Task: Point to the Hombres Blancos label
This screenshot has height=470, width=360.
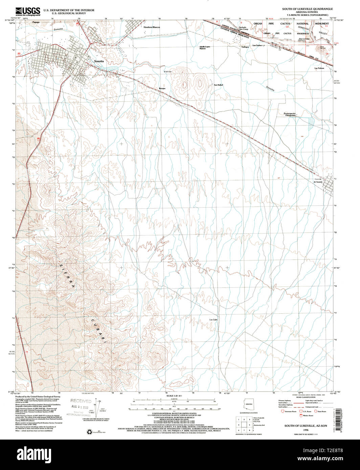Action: click(x=152, y=27)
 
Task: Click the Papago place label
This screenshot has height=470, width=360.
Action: click(x=36, y=22)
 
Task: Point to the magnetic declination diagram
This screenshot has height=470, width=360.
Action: click(x=98, y=407)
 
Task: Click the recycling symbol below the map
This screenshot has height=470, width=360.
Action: click(x=90, y=431)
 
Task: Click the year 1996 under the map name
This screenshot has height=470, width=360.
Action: click(x=306, y=430)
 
